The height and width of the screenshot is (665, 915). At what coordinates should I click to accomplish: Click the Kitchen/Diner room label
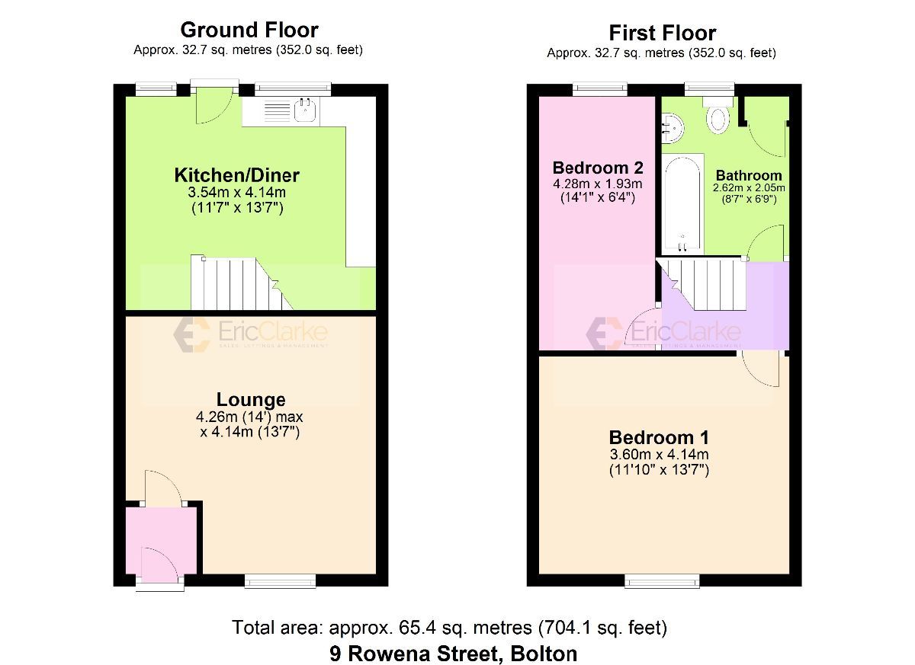[x=236, y=175]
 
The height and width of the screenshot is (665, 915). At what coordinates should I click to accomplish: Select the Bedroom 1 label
[x=659, y=438]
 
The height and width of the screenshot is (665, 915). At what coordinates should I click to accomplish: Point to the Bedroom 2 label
[x=598, y=168]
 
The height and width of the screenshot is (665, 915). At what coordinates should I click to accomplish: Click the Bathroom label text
[x=748, y=176]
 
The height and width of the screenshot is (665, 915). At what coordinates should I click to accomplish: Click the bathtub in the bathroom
[x=682, y=204]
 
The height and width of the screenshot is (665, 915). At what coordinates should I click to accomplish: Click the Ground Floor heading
[x=249, y=30]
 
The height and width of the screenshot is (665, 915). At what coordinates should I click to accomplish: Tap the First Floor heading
[x=662, y=34]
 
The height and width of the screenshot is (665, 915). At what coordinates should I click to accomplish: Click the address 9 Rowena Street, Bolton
[x=454, y=653]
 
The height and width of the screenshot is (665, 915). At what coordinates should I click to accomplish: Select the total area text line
[x=450, y=628]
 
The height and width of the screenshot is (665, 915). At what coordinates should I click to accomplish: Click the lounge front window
[x=280, y=581]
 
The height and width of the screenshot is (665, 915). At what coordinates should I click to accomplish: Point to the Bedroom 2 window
[x=599, y=89]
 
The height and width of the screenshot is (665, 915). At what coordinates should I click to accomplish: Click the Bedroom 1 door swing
[x=760, y=370]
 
